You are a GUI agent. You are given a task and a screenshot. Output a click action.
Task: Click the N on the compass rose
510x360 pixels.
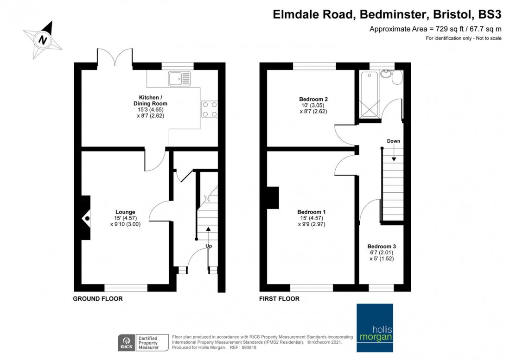click(x=43, y=40)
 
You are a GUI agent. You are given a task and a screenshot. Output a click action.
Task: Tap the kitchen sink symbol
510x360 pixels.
click(x=179, y=79)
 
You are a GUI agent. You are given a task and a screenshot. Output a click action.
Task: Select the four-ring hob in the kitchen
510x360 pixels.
click(x=210, y=109)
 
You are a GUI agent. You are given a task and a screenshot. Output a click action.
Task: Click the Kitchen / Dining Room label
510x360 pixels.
click(x=151, y=101)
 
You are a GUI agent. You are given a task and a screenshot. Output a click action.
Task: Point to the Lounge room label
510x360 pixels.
click(x=125, y=212)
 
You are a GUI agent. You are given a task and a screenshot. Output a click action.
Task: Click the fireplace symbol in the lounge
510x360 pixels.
click(x=86, y=218)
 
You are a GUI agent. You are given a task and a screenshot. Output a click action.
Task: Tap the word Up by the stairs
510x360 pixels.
click(x=209, y=246)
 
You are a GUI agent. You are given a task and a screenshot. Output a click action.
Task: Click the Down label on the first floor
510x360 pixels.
click(x=393, y=141)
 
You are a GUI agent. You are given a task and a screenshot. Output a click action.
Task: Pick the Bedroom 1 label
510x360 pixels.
click(x=311, y=212)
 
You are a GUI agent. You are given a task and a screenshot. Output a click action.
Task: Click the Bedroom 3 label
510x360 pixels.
click(x=382, y=246)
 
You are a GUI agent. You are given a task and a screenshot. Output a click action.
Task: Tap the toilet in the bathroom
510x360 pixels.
click(x=397, y=77)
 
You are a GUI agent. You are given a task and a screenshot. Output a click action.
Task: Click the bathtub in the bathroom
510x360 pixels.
click(x=369, y=95)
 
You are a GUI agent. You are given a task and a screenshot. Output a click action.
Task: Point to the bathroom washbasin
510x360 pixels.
click(x=386, y=73)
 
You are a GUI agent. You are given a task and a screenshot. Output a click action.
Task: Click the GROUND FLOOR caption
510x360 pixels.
click(x=97, y=298)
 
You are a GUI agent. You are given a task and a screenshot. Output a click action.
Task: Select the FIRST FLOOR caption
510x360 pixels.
click(x=279, y=298)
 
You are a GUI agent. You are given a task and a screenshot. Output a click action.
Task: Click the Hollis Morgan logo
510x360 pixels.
click(x=375, y=328)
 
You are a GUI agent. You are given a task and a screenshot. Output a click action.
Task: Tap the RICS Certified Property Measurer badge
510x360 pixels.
click(x=143, y=343)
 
